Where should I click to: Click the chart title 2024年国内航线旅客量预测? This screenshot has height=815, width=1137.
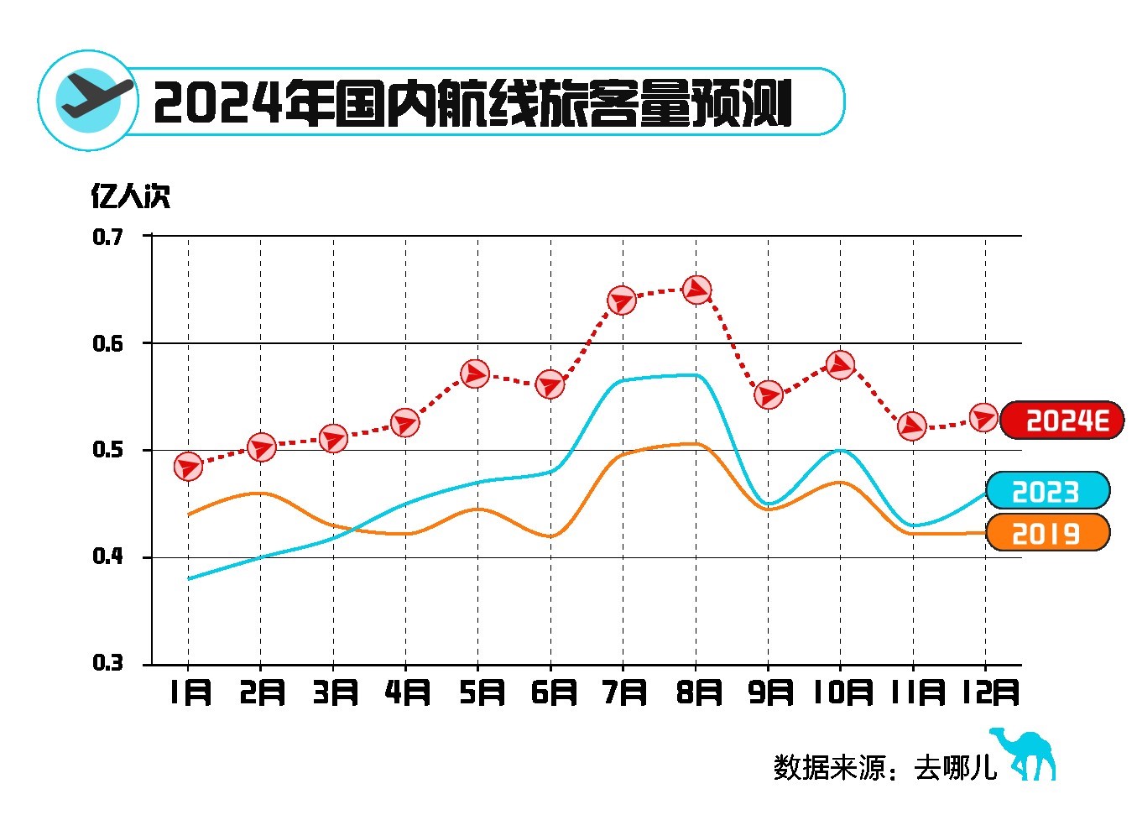point(472,103)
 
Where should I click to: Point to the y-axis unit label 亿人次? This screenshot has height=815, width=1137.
point(130,196)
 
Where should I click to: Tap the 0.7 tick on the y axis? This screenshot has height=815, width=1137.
point(107,238)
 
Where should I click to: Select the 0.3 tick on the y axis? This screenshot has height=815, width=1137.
point(107,664)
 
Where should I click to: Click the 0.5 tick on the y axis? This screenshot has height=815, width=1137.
point(107,451)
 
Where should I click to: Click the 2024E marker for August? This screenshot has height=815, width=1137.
point(696,290)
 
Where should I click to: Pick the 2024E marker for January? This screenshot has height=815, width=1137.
point(188,466)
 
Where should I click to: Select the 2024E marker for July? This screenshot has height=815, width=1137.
point(622,300)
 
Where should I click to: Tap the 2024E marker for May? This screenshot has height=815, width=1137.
point(476,374)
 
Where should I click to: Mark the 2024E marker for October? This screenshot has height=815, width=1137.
point(841,364)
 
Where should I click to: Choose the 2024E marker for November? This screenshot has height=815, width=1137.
point(912,426)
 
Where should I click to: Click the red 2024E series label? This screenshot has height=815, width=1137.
point(1062,421)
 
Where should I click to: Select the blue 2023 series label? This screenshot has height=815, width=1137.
point(1047,491)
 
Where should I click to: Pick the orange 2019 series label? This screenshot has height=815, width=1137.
point(1047,533)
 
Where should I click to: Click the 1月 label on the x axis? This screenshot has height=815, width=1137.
point(190,693)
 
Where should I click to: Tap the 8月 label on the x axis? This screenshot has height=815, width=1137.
point(698,693)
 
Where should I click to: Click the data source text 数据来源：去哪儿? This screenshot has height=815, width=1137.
point(885,767)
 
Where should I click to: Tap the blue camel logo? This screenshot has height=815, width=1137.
point(1025,753)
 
